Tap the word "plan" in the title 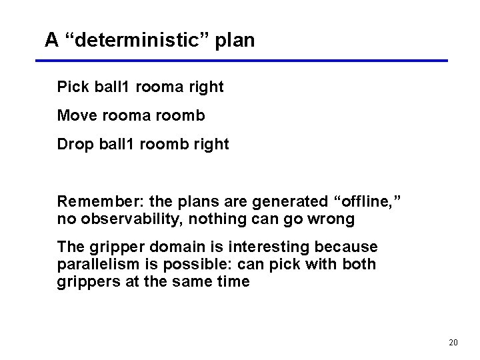(x=235, y=40)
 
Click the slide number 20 (x=453, y=342)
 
